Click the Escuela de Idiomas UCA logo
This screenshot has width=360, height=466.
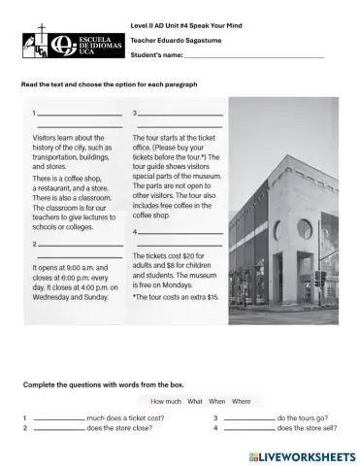tap(60, 44)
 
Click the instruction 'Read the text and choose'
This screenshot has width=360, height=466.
tap(109, 84)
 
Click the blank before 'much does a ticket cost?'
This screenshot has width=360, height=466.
tap(57, 418)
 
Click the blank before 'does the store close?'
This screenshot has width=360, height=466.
tap(57, 428)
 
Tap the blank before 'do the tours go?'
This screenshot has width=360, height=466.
tap(248, 418)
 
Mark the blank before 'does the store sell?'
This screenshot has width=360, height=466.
tap(248, 428)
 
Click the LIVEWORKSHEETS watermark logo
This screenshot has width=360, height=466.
tap(302, 454)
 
